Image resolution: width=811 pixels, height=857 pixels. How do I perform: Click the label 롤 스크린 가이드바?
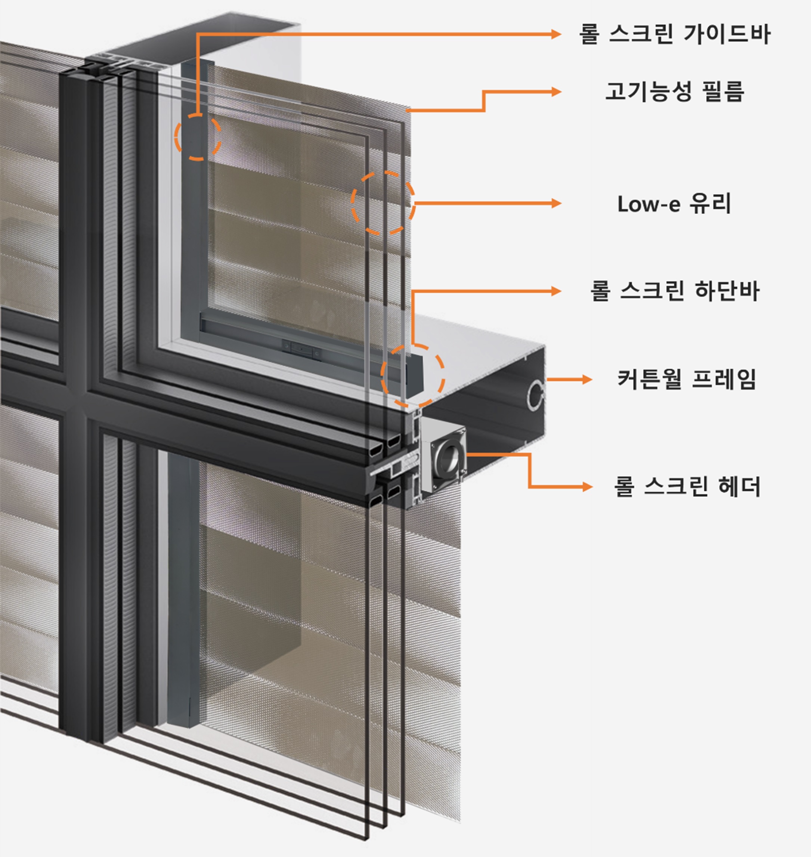[x=674, y=34]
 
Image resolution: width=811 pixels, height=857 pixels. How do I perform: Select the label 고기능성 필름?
[x=674, y=92]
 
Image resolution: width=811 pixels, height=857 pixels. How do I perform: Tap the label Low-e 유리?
[x=674, y=204]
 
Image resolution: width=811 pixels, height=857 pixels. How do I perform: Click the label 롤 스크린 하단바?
[x=674, y=291]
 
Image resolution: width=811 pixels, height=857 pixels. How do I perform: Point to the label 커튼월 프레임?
[x=687, y=379]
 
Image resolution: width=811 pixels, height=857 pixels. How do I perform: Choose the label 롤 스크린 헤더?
[x=687, y=486]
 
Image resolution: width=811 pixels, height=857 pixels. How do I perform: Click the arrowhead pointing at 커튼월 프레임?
[x=587, y=379]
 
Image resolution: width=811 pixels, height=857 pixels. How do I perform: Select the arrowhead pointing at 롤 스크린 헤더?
[x=587, y=486]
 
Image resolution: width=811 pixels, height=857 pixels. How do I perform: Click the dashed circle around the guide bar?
[x=198, y=137]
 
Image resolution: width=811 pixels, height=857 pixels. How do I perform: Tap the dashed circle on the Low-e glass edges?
[x=383, y=202]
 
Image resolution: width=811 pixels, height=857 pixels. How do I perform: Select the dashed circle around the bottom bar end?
[x=412, y=375]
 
